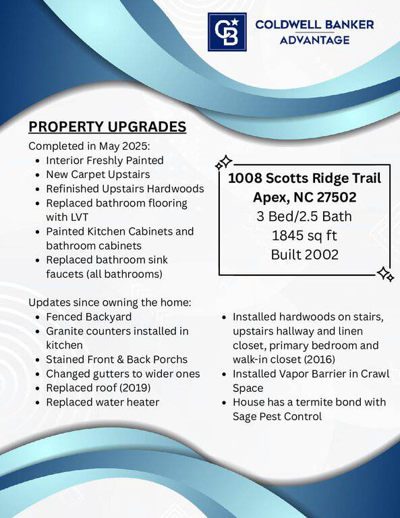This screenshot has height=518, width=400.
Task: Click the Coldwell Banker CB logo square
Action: click(x=227, y=32)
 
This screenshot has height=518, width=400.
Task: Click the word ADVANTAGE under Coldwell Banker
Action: click(x=314, y=40)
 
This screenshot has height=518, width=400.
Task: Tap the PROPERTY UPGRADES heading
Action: click(x=107, y=127)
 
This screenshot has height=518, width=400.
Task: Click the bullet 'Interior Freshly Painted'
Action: click(x=105, y=161)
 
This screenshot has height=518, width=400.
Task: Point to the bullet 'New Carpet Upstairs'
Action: click(x=98, y=175)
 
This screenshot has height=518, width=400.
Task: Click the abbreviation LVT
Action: click(x=80, y=217)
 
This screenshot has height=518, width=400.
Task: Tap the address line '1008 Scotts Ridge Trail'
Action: click(x=304, y=178)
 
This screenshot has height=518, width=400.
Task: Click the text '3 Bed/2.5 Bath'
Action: click(x=304, y=217)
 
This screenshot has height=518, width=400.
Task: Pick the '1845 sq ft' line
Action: click(x=304, y=236)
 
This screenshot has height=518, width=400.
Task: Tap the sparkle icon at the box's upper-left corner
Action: click(x=224, y=163)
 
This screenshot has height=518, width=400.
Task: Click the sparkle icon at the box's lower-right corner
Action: click(x=385, y=275)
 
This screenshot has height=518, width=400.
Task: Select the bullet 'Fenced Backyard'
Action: click(x=88, y=317)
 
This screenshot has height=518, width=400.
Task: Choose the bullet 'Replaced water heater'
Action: click(x=103, y=403)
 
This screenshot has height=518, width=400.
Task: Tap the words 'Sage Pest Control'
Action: click(x=277, y=417)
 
